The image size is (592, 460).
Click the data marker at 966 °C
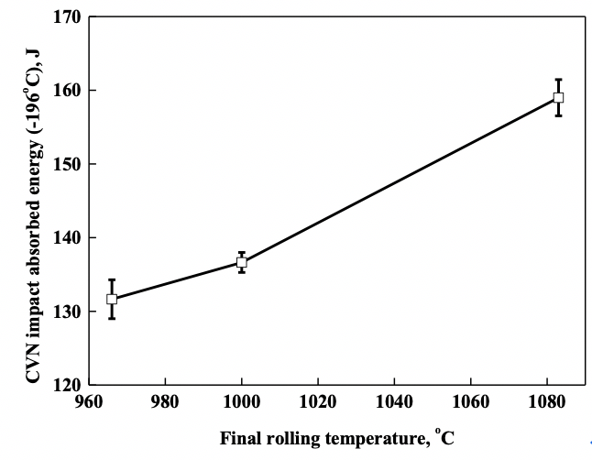tap(112, 299)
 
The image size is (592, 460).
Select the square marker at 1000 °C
tap(242, 262)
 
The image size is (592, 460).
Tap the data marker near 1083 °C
tap(558, 97)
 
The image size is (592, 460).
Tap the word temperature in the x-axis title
tap(367, 440)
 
